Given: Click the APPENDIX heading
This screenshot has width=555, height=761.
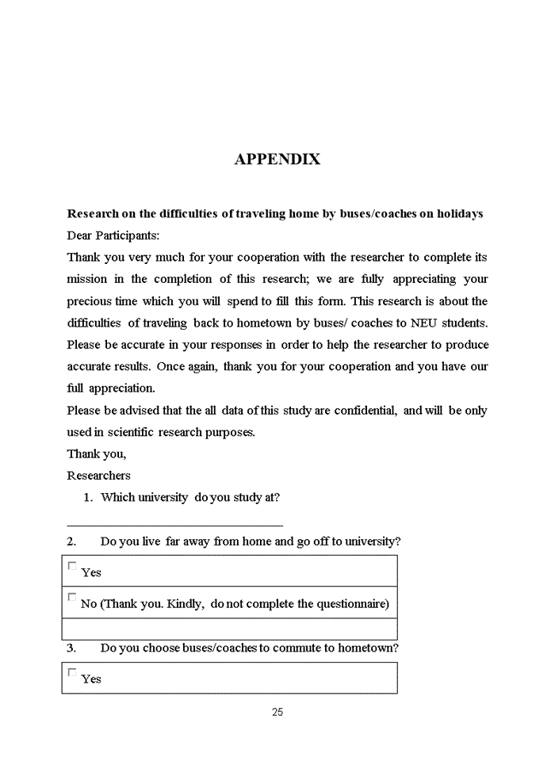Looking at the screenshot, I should tap(277, 159).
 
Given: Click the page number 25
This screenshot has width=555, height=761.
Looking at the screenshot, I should tap(277, 712).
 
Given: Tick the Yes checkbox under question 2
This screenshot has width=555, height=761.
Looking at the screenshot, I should tap(72, 566).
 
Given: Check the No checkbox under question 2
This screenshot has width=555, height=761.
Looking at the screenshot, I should tap(72, 597).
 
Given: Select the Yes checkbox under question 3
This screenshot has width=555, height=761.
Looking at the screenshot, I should tap(72, 672).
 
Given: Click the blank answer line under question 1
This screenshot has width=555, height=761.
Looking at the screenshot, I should tap(174, 524).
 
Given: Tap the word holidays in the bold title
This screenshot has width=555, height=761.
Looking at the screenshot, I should tap(457, 214).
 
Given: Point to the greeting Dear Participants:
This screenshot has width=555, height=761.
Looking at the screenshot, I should tap(113, 235).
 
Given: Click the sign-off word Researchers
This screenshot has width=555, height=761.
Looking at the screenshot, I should tap(99, 476).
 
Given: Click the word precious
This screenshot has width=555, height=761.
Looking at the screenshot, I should tap(90, 301).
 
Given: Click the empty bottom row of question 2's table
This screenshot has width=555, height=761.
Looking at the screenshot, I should tap(229, 629).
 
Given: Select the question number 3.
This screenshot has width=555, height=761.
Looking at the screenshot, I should tap(71, 648).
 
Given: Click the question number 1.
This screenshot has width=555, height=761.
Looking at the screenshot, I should tap(88, 498).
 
